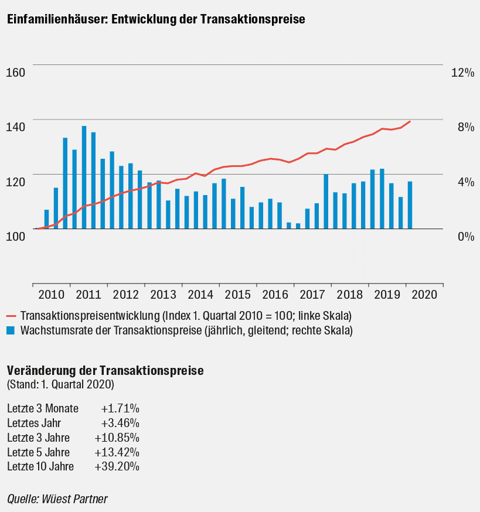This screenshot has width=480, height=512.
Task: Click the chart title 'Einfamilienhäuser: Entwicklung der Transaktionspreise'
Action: pos(156,19)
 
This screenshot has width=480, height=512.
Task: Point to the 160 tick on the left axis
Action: pos(15,73)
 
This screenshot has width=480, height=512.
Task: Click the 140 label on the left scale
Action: pos(15,127)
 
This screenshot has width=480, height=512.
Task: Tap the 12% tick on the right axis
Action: pos(462,73)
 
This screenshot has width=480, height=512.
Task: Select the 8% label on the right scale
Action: pos(466,127)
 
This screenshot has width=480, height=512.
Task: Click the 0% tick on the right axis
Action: pos(466,236)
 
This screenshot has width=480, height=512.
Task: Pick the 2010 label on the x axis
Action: pos(52,295)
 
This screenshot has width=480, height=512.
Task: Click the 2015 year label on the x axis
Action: pos(238,295)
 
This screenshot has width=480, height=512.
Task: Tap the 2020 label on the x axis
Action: pos(424,295)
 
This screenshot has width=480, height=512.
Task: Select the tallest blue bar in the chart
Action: pos(84,178)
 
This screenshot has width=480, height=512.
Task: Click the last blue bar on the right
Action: pos(410,205)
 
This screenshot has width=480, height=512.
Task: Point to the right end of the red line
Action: pos(410,121)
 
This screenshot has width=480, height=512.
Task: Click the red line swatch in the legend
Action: pos(12,316)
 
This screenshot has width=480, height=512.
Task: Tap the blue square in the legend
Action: pos(11,330)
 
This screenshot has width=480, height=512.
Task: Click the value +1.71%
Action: pos(120,408)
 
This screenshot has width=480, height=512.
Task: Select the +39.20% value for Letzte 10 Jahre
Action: pos(117,466)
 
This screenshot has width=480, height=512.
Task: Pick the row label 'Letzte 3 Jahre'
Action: pos(39,438)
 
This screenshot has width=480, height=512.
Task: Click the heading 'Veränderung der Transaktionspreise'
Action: pos(105,371)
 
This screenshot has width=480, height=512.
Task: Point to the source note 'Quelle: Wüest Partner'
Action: pos(57,499)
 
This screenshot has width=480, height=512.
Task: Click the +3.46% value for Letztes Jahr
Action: pos(120,423)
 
